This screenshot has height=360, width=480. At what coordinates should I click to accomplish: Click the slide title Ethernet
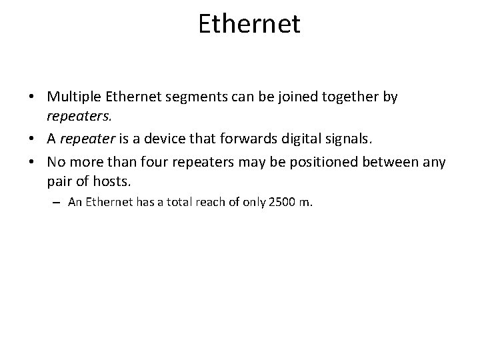[x=249, y=24]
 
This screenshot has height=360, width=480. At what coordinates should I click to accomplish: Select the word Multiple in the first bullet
[x=71, y=97]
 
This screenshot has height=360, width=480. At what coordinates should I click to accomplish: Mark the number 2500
[x=281, y=203]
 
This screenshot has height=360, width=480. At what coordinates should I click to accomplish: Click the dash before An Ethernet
[x=59, y=203]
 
